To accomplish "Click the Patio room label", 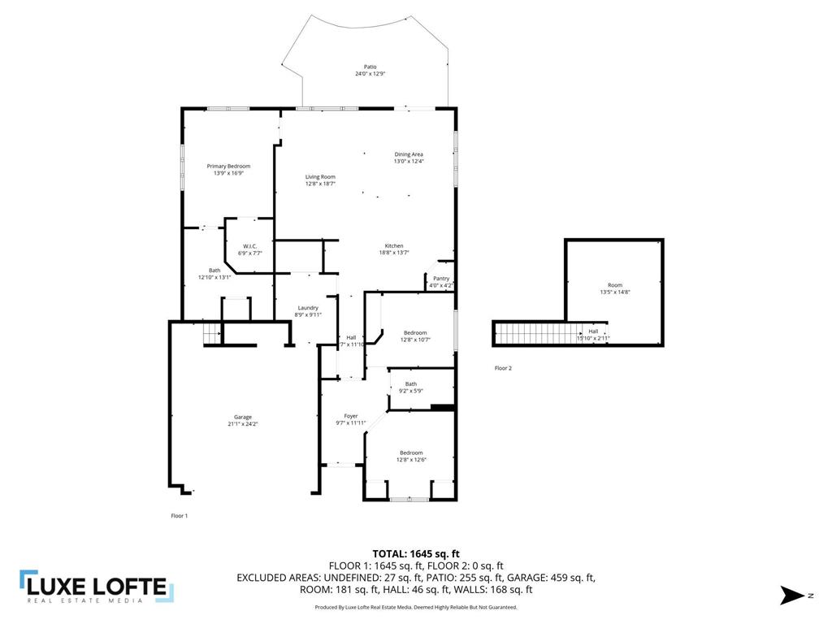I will [x=370, y=67].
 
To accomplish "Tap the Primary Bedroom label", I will [x=228, y=166].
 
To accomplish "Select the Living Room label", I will [x=320, y=176].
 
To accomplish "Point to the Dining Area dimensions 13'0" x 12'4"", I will [x=409, y=161].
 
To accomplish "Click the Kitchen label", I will [x=394, y=246].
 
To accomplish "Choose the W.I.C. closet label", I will [x=249, y=246].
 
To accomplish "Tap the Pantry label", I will [x=440, y=278].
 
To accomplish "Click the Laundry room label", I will [x=308, y=307].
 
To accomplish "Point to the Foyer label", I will [x=351, y=416].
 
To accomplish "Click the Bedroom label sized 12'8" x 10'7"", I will [x=415, y=332].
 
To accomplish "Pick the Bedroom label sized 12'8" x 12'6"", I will [x=411, y=453].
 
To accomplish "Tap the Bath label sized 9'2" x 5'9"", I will [x=411, y=384].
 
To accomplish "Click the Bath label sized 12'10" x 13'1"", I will [x=214, y=271].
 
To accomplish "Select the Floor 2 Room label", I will [x=615, y=285].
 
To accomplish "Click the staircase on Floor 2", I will [x=536, y=333].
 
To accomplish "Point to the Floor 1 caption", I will [x=179, y=515].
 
